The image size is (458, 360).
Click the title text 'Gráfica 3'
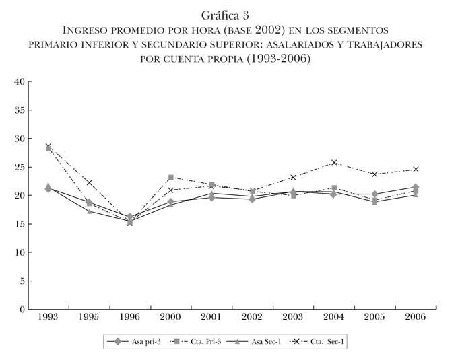tap(228, 15)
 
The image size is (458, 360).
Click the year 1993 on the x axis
tap(48, 317)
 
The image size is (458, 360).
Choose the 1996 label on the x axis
tap(129, 317)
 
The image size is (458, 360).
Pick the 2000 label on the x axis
tap(170, 317)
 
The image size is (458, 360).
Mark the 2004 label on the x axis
tap(334, 317)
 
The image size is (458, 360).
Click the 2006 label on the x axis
tap(416, 317)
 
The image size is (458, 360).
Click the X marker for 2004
tap(334, 162)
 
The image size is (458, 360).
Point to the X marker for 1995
tap(89, 182)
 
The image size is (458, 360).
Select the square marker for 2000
tap(171, 178)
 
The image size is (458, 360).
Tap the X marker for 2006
tap(416, 169)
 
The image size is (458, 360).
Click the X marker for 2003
tap(293, 177)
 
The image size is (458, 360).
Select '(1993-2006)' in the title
tap(277, 59)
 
